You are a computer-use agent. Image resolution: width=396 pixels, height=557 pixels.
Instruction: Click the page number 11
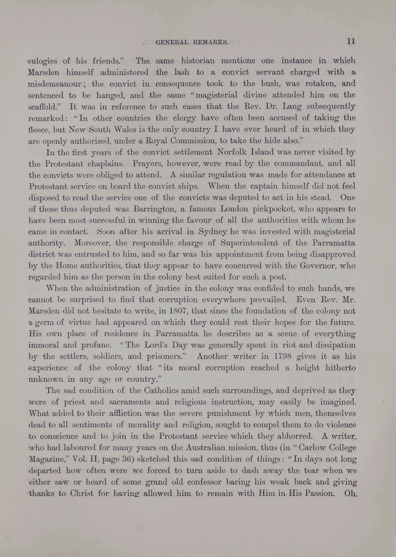point(351,41)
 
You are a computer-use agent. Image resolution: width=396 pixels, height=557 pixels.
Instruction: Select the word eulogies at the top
point(42,61)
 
